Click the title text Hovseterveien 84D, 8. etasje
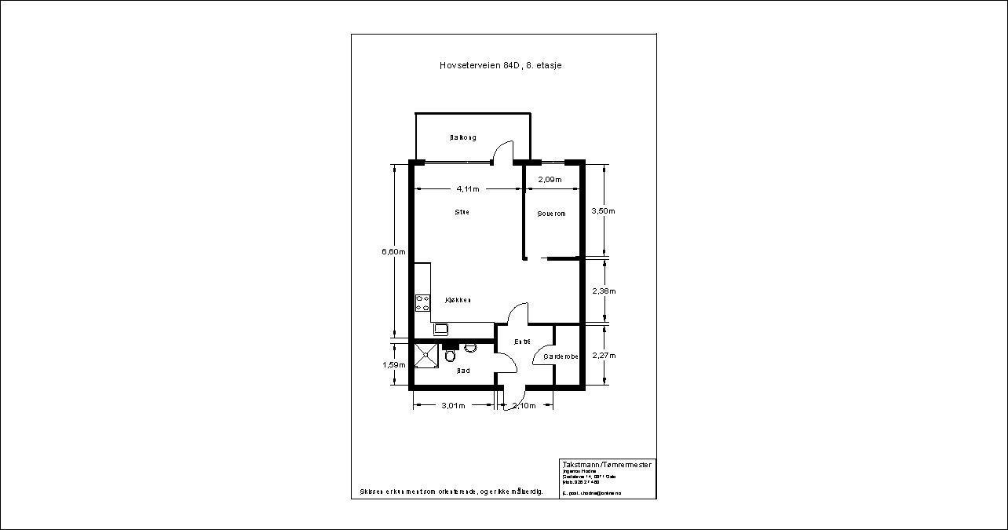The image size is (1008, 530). (x=500, y=66)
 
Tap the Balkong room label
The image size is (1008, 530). (x=462, y=137)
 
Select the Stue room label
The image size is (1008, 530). (x=462, y=212)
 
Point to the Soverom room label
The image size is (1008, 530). (x=551, y=214)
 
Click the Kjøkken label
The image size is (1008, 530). (x=458, y=300)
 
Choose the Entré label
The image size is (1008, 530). (x=522, y=342)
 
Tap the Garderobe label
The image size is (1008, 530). (x=561, y=356)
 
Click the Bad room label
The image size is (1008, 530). (x=463, y=371)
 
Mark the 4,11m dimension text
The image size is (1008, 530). (x=468, y=189)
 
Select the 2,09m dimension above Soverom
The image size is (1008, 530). (x=550, y=180)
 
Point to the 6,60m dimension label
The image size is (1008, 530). (x=393, y=251)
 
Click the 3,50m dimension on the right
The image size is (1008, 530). (x=603, y=210)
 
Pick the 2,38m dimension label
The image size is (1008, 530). (x=603, y=291)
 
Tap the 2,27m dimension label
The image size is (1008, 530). (x=603, y=355)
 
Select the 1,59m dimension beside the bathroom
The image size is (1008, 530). (x=393, y=364)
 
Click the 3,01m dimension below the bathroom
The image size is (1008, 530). (x=453, y=406)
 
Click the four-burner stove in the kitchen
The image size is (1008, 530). (x=423, y=302)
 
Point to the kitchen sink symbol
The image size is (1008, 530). (x=440, y=328)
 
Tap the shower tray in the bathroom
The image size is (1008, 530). (x=427, y=355)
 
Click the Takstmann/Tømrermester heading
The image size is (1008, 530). (x=607, y=465)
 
